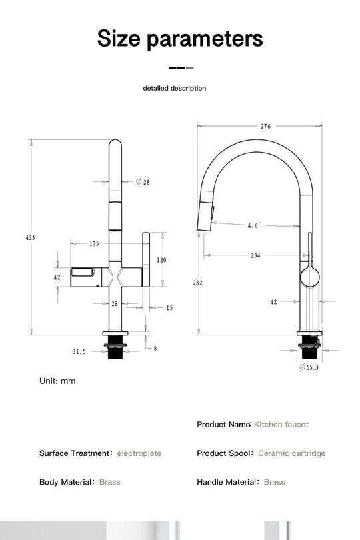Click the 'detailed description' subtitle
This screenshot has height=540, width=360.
[175, 88]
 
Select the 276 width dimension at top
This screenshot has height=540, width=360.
[265, 126]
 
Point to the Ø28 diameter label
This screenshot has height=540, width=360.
[143, 182]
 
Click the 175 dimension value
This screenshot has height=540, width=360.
[94, 244]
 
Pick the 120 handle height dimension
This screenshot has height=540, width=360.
[161, 260]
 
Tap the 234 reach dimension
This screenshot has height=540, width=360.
[256, 255]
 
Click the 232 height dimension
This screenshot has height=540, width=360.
[198, 283]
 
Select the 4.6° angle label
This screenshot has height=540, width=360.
[254, 226]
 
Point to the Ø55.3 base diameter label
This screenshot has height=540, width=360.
[309, 367]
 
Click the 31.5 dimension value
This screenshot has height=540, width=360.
[79, 351]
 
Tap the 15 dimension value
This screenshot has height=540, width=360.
[169, 308]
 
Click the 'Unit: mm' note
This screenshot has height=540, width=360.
[57, 381]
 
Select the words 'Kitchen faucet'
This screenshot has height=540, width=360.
[281, 424]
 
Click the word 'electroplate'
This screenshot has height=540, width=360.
[139, 453]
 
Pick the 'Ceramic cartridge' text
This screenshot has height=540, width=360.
[291, 453]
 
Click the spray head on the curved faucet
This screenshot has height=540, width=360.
[205, 217]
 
